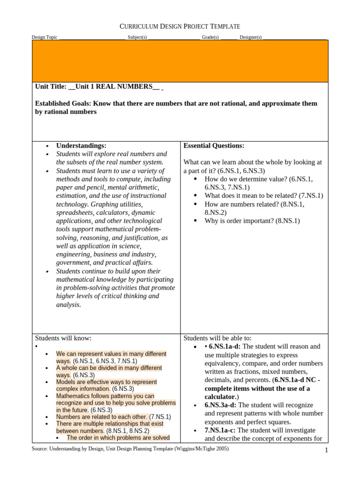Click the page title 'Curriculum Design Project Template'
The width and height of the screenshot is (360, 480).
pyautogui.click(x=180, y=26)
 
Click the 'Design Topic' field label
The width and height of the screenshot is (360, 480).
pyautogui.click(x=45, y=37)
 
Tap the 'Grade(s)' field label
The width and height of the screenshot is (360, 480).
pyautogui.click(x=210, y=37)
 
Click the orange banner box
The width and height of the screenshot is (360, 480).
pyautogui.click(x=180, y=61)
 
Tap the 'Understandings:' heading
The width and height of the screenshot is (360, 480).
pyautogui.click(x=81, y=146)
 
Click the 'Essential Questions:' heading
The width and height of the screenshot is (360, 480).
pyautogui.click(x=214, y=146)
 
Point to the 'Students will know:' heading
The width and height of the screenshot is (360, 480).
pyautogui.click(x=63, y=338)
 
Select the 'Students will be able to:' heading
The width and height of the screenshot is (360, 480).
pyautogui.click(x=217, y=338)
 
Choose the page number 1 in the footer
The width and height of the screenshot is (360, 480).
pyautogui.click(x=325, y=451)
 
